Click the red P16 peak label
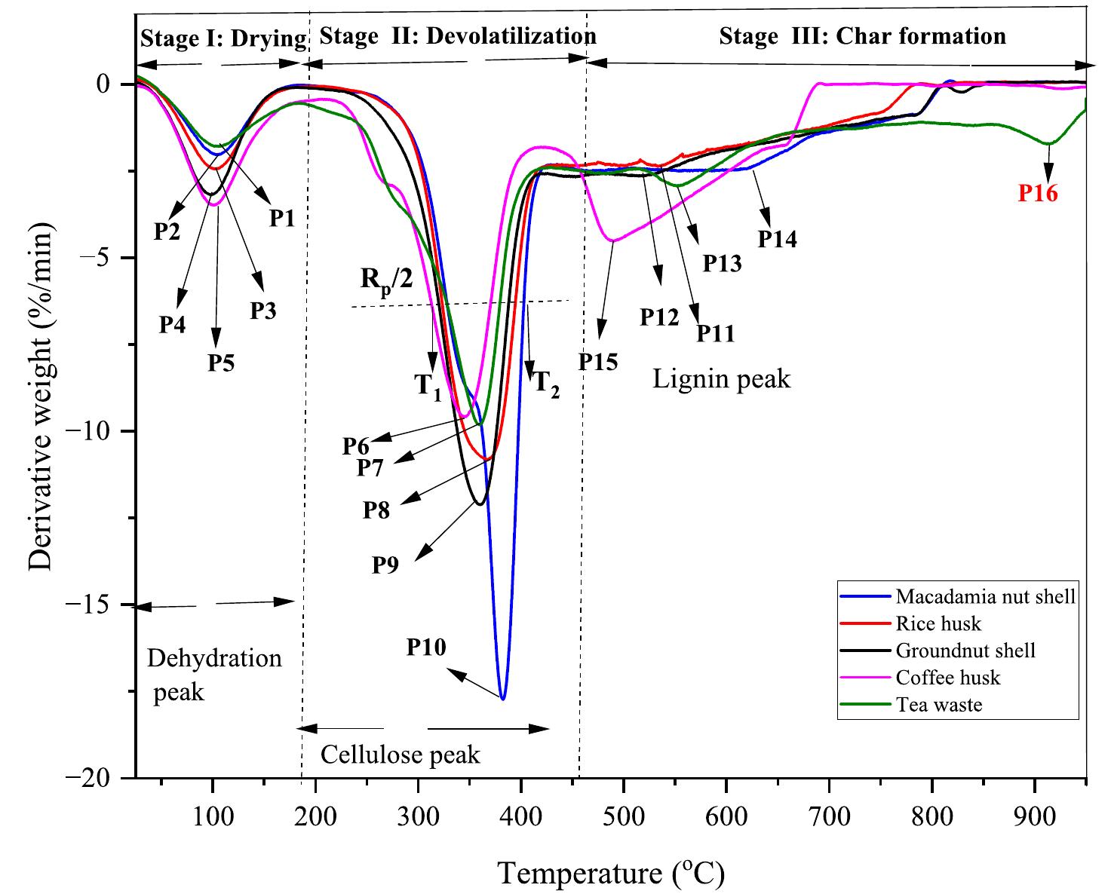coord(1038,194)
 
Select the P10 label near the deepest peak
coord(426,647)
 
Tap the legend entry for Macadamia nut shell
coord(985,597)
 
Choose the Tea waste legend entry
coord(939,705)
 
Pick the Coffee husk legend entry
coord(948,678)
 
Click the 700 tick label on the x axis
coord(829,816)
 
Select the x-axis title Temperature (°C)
coord(611,873)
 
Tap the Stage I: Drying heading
coord(223,38)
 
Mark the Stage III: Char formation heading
coord(862,36)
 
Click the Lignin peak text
coord(721,378)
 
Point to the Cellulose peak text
coord(400,755)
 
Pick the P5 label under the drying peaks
coord(221,363)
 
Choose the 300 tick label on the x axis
coord(418,816)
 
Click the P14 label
coord(777,239)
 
